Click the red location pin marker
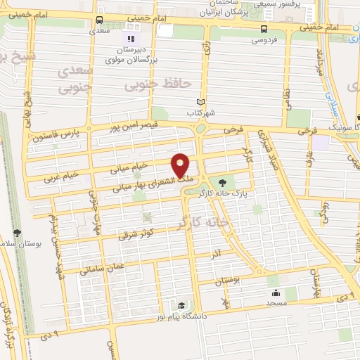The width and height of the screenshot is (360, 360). click(181, 165)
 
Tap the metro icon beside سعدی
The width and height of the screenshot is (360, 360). click(99, 20)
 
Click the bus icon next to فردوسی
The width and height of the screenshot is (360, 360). click(264, 29)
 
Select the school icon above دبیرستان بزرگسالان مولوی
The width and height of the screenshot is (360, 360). click(129, 37)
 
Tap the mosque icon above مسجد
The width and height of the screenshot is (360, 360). click(275, 292)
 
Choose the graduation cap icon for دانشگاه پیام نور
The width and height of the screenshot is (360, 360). click(181, 306)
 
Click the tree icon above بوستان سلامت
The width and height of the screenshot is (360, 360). click(16, 233)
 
